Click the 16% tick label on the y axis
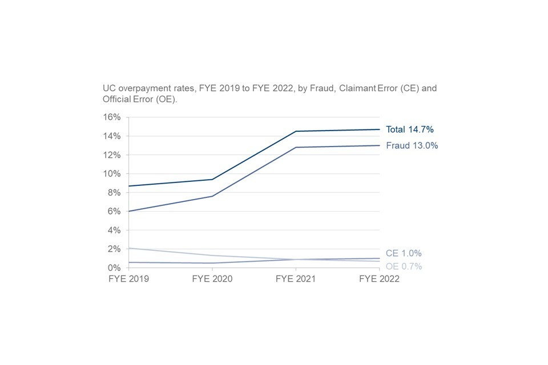(111, 117)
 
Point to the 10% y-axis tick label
(111, 173)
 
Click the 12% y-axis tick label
(111, 155)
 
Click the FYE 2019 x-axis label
(128, 279)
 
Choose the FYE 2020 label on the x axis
(212, 279)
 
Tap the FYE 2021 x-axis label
(296, 279)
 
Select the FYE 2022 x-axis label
(379, 279)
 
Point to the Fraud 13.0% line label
(412, 145)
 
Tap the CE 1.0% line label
(404, 253)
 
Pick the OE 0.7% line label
(404, 266)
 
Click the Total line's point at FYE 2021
(296, 131)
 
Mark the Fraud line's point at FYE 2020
(212, 196)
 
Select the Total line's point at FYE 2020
(212, 179)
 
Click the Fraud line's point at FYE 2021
(296, 147)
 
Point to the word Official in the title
(117, 100)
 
